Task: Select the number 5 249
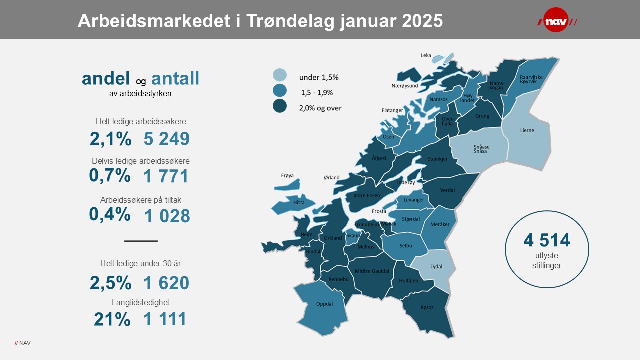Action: [x=167, y=139]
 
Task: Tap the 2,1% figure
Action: [x=110, y=139]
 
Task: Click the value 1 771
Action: [x=166, y=176]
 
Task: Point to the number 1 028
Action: [x=167, y=216]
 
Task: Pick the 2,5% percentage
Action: [x=110, y=283]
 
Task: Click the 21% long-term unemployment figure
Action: [x=112, y=319]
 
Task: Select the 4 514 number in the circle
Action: [x=547, y=240]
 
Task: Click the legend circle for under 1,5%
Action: [x=279, y=75]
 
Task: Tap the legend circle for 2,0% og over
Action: [x=279, y=106]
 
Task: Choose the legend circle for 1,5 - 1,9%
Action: [x=279, y=90]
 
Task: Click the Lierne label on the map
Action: [x=527, y=130]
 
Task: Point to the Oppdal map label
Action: [x=324, y=304]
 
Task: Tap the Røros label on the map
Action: [x=427, y=307]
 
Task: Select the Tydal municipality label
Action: [x=436, y=266]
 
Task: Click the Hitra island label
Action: [x=299, y=203]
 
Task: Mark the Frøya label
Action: [x=287, y=175]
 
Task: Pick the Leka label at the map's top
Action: [x=426, y=55]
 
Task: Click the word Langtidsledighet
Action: [x=141, y=302]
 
